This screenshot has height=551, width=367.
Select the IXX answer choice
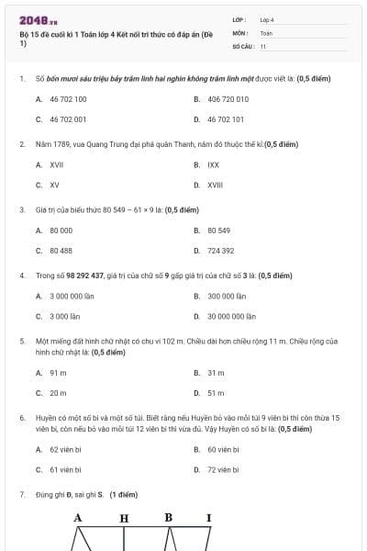213,165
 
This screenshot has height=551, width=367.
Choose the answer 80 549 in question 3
218,231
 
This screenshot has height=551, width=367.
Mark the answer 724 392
220,251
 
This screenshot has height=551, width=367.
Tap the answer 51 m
216,393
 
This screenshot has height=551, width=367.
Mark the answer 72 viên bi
223,469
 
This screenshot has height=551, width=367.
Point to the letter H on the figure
124,518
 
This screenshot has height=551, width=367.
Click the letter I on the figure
208,518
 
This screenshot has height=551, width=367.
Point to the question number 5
21,341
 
